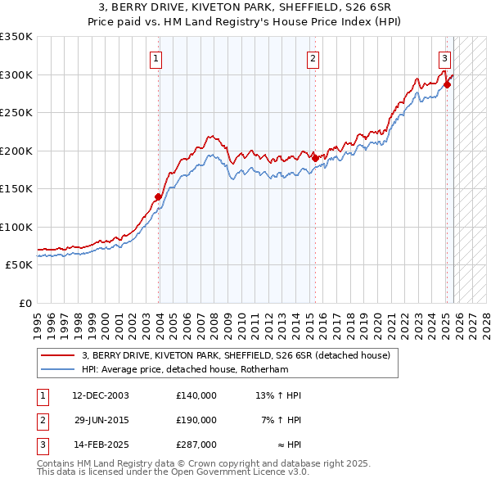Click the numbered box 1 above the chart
pyautogui.click(x=155, y=57)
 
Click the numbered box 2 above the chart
pyautogui.click(x=313, y=57)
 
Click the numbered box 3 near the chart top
pyautogui.click(x=444, y=57)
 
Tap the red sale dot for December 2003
pyautogui.click(x=159, y=196)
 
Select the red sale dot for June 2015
pyautogui.click(x=316, y=158)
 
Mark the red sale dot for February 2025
pyautogui.click(x=447, y=84)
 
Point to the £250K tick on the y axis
pyautogui.click(x=16, y=113)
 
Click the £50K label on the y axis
pyautogui.click(x=19, y=265)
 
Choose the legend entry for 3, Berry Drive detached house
pyautogui.click(x=236, y=355)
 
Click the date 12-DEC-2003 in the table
pyautogui.click(x=101, y=395)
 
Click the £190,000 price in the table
pyautogui.click(x=196, y=420)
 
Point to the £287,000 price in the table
pyautogui.click(x=196, y=445)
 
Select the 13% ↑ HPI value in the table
pyautogui.click(x=278, y=395)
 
